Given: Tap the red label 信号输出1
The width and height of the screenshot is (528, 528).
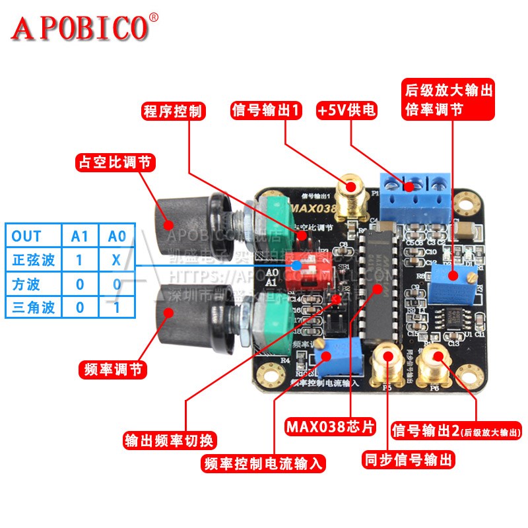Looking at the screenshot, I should click(x=266, y=110).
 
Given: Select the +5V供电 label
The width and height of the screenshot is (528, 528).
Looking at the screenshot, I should click(x=346, y=110).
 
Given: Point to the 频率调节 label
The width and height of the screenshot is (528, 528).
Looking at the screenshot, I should click(x=114, y=369).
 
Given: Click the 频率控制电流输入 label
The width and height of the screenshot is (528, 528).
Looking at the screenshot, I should click(x=264, y=463).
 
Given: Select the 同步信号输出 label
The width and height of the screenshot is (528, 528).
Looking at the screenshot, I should click(x=409, y=459).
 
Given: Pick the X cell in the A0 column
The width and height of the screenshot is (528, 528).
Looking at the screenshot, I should click(x=116, y=259).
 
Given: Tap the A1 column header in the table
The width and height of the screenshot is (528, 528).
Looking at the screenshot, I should click(x=79, y=236).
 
